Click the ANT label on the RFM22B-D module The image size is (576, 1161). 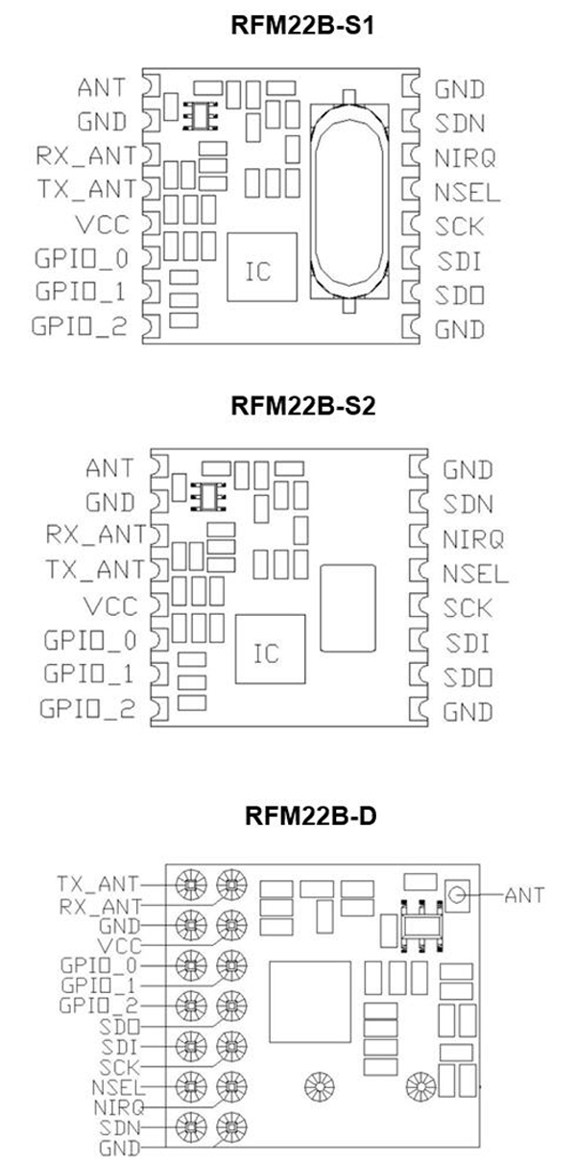pos(524,895)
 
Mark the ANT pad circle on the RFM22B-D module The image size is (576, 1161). pos(457,895)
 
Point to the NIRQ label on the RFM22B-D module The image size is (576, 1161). pos(118,1107)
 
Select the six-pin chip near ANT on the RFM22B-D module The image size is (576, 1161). pos(420,926)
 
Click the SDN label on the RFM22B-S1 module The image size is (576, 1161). pos(460,123)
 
